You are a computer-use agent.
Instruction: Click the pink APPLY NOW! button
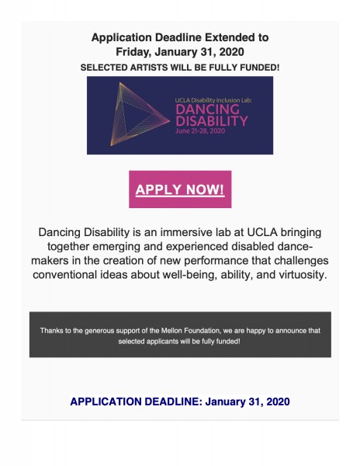180,190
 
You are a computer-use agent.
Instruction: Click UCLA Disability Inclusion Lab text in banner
212,100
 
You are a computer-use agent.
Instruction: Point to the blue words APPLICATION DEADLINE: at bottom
135,402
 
